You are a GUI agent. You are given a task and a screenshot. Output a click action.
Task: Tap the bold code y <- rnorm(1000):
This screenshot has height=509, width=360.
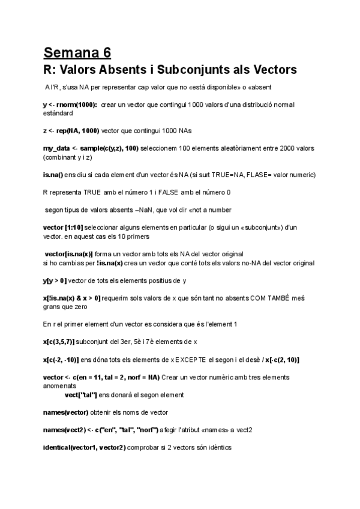[70, 105]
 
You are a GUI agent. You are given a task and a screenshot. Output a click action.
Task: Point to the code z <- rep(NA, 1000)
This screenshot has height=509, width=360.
[71, 131]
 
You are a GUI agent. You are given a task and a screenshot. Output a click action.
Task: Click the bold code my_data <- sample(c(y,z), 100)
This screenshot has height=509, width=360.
[91, 148]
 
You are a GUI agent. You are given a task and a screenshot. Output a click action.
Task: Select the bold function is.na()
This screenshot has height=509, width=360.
[58, 175]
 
